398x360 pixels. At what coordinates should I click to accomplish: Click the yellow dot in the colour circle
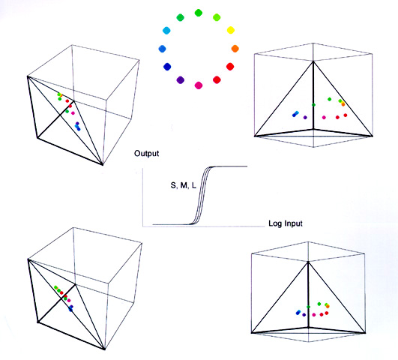tap(230, 30)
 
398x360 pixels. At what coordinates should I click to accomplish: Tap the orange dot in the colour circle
tap(235, 49)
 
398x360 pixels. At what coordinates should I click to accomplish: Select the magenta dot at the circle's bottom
tap(199, 85)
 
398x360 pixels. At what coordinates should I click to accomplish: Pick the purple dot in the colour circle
tap(180, 80)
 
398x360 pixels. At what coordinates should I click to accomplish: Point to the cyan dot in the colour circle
tap(166, 31)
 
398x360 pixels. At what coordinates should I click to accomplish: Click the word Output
tap(146, 154)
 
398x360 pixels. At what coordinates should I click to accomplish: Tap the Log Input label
tap(286, 223)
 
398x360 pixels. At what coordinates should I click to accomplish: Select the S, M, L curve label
tap(184, 186)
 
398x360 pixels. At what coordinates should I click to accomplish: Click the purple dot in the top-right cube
tap(305, 117)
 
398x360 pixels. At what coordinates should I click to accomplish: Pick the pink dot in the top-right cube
tap(324, 117)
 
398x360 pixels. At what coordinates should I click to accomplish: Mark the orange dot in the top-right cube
tap(343, 104)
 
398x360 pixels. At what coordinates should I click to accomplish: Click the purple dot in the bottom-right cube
tap(304, 315)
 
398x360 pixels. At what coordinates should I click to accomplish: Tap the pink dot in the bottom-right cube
tap(314, 315)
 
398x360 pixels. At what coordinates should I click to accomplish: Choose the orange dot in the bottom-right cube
tap(328, 307)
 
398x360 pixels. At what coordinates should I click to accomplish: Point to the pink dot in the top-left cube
tap(73, 113)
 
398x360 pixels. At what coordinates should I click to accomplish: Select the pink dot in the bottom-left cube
tap(69, 301)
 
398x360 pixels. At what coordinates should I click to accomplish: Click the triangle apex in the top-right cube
tap(313, 61)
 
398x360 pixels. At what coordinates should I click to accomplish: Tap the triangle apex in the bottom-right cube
tap(308, 262)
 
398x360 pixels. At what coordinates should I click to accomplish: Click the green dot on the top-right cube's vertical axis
tap(314, 105)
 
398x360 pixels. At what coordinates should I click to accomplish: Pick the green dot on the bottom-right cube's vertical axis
tap(308, 307)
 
